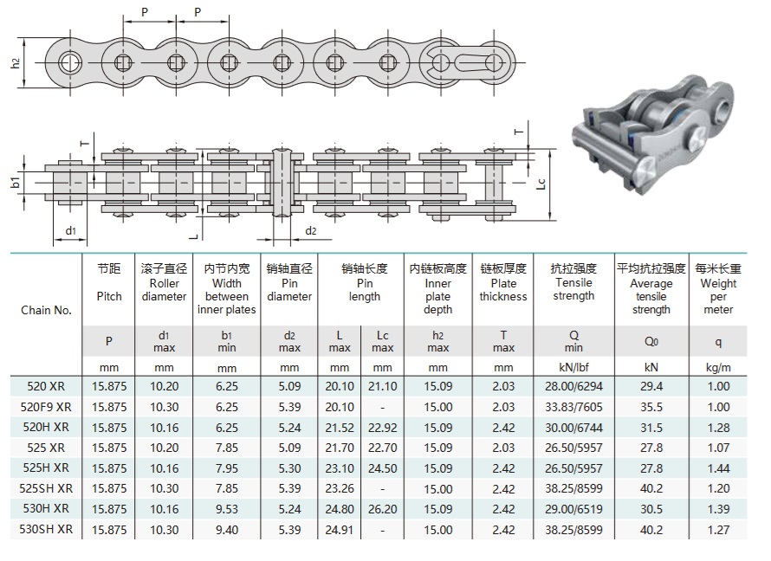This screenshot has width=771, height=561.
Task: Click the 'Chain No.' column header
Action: coord(46,310)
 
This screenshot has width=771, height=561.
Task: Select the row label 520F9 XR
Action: coord(46,406)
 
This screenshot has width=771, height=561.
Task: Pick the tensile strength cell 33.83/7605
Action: coord(573,406)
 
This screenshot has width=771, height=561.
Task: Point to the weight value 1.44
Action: coord(719,467)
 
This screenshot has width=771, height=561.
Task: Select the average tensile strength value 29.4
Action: coord(651,386)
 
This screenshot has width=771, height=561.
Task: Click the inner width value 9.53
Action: coord(226,506)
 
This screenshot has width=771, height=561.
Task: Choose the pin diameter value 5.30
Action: coord(288,467)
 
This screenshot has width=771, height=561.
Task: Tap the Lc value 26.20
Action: coord(382,506)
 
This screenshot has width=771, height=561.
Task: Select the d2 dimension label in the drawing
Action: coord(310,231)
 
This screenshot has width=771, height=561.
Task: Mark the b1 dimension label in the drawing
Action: coord(15,182)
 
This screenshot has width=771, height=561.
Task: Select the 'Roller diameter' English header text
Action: coord(164,290)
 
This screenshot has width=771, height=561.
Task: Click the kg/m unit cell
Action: coord(719,366)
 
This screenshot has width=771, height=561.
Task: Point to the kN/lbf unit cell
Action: coord(573,366)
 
